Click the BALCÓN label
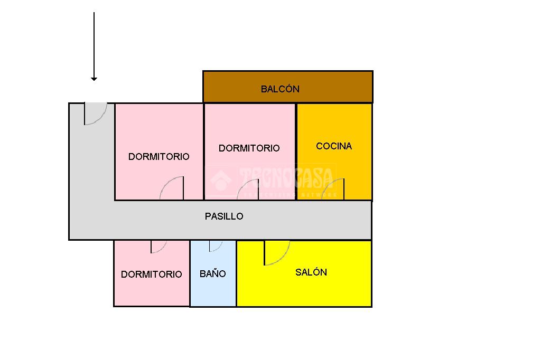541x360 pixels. pos(280,89)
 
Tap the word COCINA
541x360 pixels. pos(334,146)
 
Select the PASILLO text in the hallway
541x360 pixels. pos(224,216)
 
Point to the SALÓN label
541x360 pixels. pos(311,272)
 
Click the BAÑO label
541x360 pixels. pos(213,274)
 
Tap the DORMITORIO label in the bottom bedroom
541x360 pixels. pos(152,274)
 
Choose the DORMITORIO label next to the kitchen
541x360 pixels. pos(249,148)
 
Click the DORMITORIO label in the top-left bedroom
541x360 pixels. pos(159,157)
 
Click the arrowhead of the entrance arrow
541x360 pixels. pos(94,79)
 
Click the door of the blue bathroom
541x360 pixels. pos(216,246)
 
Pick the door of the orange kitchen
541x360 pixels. pos(335,190)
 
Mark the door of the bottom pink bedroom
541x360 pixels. pos(158,247)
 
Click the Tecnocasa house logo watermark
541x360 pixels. pos(221,180)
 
